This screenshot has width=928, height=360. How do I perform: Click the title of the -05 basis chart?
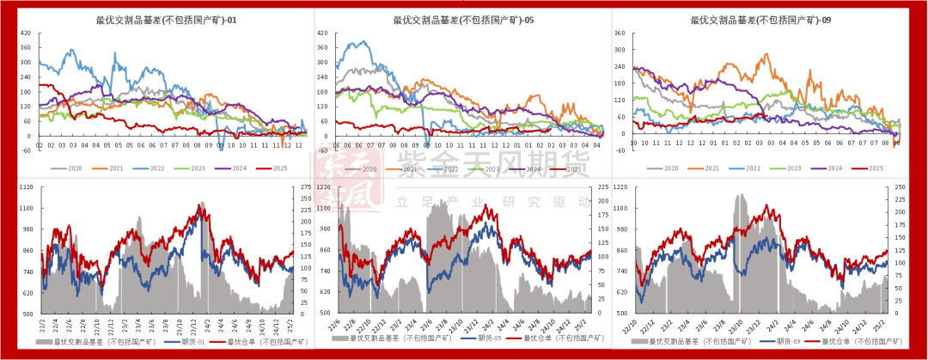463,21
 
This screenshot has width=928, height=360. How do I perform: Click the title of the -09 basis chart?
760,21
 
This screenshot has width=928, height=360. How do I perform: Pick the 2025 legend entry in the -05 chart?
568,169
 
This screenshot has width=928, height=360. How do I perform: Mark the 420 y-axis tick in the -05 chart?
321,34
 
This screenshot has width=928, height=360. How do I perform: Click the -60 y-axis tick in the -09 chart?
620,149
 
